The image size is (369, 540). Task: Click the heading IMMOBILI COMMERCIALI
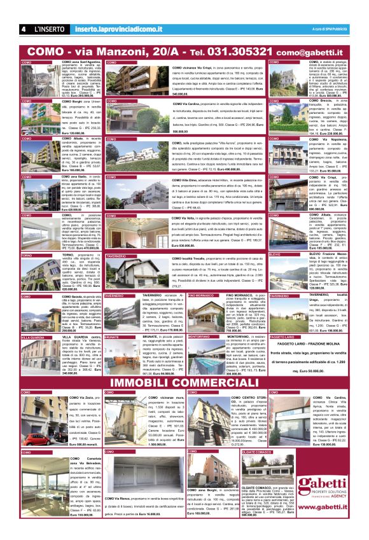point(184,382)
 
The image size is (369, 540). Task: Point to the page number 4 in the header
point(22,29)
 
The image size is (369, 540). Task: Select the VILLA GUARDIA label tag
point(33,336)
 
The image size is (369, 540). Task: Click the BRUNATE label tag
point(113,336)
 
